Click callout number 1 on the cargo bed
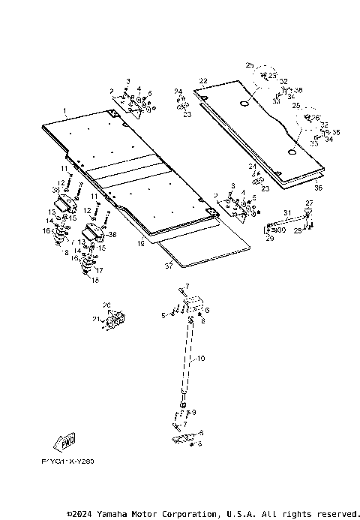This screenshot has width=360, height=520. [x=64, y=111]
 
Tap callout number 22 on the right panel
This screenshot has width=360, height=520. [x=202, y=80]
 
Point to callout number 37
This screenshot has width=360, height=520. [x=169, y=264]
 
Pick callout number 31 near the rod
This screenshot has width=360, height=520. [x=286, y=213]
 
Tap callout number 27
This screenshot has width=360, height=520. [x=309, y=203]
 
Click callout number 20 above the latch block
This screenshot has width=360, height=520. [x=106, y=305]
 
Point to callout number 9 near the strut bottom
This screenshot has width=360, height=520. [x=194, y=412]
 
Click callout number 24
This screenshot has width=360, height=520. [x=178, y=92]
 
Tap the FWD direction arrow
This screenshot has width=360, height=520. [x=64, y=440]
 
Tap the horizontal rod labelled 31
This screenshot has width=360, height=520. [x=289, y=221]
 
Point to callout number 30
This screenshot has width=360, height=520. [x=282, y=230]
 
